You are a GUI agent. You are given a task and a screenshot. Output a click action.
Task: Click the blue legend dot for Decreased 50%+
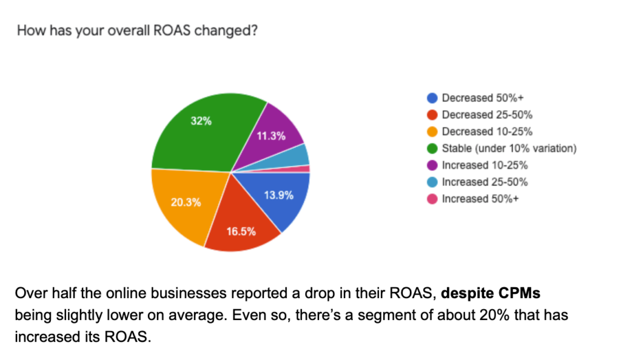(432, 98)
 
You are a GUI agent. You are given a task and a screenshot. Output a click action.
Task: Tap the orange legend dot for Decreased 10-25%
(432, 132)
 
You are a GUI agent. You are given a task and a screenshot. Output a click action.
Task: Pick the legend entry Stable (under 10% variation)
(508, 148)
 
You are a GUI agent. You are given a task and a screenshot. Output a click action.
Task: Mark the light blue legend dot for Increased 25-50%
(432, 182)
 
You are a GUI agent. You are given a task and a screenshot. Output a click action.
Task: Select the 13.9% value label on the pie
(279, 195)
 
